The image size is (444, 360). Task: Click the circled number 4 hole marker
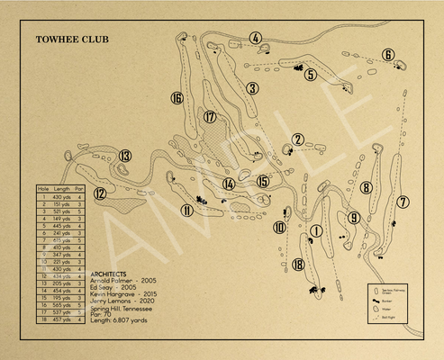click(256, 38)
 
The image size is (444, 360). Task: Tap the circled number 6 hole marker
click(388, 55)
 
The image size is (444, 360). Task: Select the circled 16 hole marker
click(177, 98)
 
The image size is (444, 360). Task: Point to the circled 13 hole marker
click(125, 156)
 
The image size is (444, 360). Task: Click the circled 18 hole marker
click(298, 263)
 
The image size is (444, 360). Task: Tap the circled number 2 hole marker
click(297, 139)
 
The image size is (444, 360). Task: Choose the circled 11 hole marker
click(186, 211)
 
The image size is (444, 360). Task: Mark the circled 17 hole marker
click(210, 117)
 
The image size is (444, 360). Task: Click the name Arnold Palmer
click(112, 281)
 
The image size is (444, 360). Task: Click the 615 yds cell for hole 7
click(60, 240)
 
